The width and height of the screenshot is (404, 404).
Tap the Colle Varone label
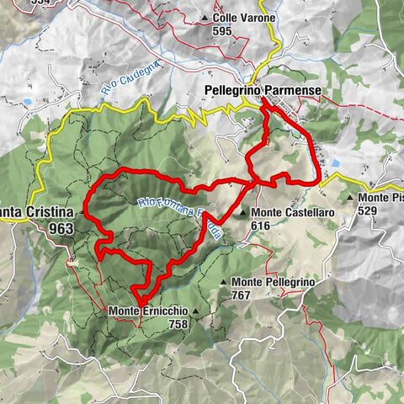(x=233, y=17)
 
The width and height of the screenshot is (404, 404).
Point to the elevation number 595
(x=222, y=30)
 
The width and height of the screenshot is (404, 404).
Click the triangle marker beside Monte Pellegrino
(x=222, y=282)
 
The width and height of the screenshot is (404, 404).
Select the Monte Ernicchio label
(x=147, y=311)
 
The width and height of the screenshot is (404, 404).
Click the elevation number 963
(x=61, y=228)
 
